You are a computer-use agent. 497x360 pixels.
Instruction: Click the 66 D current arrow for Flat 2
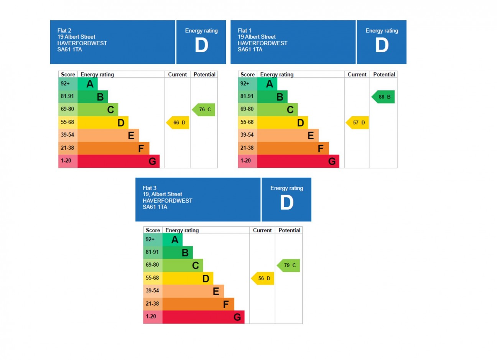click(x=178, y=123)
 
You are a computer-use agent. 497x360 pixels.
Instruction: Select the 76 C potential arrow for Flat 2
click(x=204, y=110)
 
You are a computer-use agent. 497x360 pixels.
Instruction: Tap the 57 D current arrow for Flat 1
click(x=357, y=123)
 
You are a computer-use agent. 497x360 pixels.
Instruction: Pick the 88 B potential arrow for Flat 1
click(x=383, y=97)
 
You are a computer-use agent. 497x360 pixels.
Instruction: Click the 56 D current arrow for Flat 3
click(x=263, y=279)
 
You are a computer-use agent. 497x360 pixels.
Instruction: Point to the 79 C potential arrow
click(x=289, y=266)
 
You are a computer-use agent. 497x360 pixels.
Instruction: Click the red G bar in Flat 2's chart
click(x=118, y=161)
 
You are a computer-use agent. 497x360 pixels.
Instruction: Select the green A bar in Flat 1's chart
click(x=267, y=84)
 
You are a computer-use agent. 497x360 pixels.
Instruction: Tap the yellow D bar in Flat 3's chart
click(x=188, y=278)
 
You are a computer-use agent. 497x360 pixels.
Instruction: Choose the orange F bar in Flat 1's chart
click(x=293, y=149)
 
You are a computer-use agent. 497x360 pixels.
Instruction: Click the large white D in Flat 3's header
click(x=286, y=203)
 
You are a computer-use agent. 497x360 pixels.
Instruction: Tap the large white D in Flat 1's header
click(x=382, y=45)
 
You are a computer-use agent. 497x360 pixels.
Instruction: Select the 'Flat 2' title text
click(x=64, y=31)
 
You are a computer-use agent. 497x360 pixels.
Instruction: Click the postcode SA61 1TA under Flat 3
click(x=155, y=207)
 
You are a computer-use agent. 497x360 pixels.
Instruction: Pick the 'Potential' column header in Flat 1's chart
click(x=384, y=74)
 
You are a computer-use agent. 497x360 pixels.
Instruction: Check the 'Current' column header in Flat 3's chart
click(x=262, y=230)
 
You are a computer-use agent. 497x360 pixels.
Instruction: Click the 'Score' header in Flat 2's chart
click(x=68, y=74)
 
